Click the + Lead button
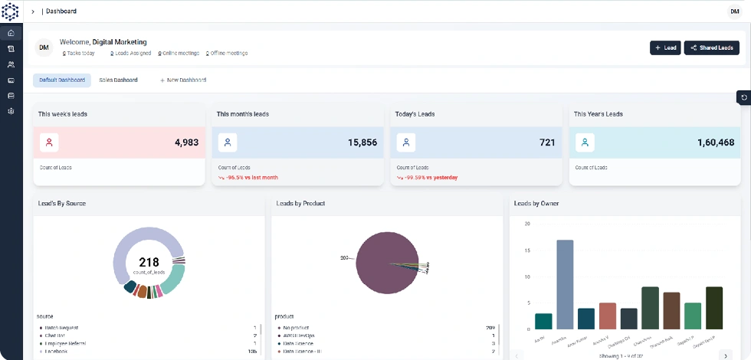(664, 47)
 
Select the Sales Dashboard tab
(118, 80)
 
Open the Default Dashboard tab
(62, 80)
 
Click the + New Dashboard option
(182, 80)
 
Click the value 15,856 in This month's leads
(362, 142)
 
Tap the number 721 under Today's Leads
(547, 142)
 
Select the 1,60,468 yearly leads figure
(716, 142)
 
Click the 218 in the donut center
(149, 262)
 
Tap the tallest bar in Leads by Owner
(565, 284)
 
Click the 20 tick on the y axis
(526, 224)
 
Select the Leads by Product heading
(300, 203)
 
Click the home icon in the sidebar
(11, 33)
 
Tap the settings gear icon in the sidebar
(11, 111)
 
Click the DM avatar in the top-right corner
(734, 11)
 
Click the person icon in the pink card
(49, 142)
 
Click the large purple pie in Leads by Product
(386, 263)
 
